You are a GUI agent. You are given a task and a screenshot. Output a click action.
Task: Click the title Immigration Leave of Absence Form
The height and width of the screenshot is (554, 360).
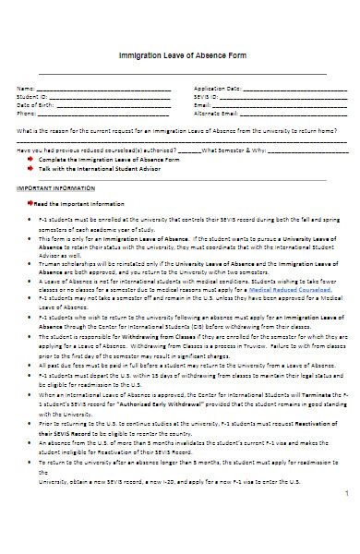[x=181, y=55]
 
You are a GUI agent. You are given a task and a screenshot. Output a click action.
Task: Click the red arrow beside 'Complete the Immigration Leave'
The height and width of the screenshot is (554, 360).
[x=31, y=159]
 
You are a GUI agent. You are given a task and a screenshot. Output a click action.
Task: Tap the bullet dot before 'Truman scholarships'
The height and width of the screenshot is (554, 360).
[x=32, y=263]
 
